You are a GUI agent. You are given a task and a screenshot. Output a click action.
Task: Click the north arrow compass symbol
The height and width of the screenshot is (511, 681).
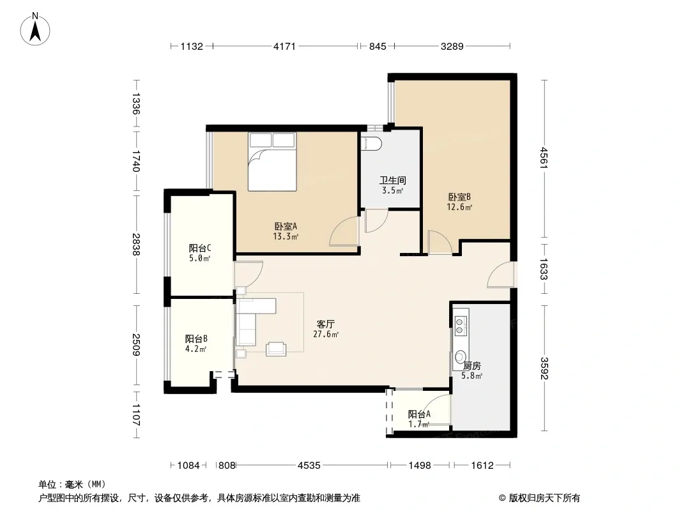tap(35, 29)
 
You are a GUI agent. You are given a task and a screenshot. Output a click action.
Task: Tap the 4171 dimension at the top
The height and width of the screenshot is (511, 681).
tap(284, 46)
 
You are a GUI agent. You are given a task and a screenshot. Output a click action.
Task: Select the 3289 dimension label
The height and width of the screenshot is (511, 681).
tap(452, 46)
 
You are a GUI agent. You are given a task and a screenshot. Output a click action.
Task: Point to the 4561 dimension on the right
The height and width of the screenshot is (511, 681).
tap(544, 158)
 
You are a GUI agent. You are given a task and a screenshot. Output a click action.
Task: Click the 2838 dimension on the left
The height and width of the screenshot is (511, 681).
tap(136, 245)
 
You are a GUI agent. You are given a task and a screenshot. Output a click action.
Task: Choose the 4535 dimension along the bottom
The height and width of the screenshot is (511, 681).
tap(309, 466)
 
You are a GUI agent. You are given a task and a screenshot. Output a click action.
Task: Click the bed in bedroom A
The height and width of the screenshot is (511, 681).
tap(272, 162)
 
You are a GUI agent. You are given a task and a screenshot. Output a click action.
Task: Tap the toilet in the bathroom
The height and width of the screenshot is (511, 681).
tap(371, 143)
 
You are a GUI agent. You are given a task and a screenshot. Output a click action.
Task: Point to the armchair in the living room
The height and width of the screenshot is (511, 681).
tap(276, 349)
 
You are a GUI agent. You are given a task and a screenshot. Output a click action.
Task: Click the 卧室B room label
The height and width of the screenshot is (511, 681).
tap(459, 197)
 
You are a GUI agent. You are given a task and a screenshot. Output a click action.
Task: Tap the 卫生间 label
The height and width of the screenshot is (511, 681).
tap(393, 180)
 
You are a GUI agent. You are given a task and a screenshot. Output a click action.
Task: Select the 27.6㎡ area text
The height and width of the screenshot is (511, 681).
tap(326, 334)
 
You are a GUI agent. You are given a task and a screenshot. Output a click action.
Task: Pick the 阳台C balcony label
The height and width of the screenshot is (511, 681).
tap(200, 248)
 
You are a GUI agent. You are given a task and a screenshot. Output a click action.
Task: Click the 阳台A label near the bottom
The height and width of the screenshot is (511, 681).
tap(419, 415)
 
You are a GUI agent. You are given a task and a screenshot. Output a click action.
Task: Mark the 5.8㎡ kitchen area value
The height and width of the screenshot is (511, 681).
tap(471, 376)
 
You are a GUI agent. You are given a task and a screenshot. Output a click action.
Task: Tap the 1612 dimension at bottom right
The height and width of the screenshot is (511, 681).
tap(482, 466)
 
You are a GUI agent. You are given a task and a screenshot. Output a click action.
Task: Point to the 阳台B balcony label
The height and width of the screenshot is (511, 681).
tap(196, 339)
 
